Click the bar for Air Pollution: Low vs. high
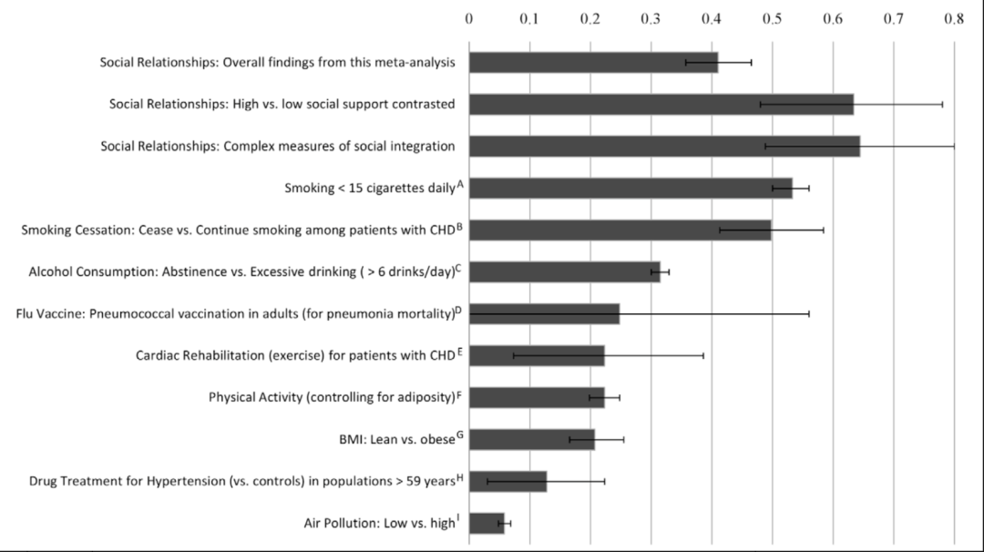coord(487,523)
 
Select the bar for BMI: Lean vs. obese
coord(531,439)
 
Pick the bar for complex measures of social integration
coord(664,146)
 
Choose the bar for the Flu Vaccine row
coord(544,313)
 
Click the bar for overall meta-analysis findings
coord(593,62)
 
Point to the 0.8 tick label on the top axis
coord(954,17)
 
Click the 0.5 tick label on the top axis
coord(773,17)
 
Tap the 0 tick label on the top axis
coord(469,17)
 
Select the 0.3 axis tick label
coord(651,17)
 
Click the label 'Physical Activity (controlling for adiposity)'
coord(332,397)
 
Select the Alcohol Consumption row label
coord(241,271)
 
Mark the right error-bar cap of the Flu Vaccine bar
coord(809,313)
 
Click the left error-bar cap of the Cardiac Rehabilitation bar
coord(514,355)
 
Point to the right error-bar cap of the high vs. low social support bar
coord(942,104)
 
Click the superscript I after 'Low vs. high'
coord(458,517)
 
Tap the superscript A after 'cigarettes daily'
coord(460,184)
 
